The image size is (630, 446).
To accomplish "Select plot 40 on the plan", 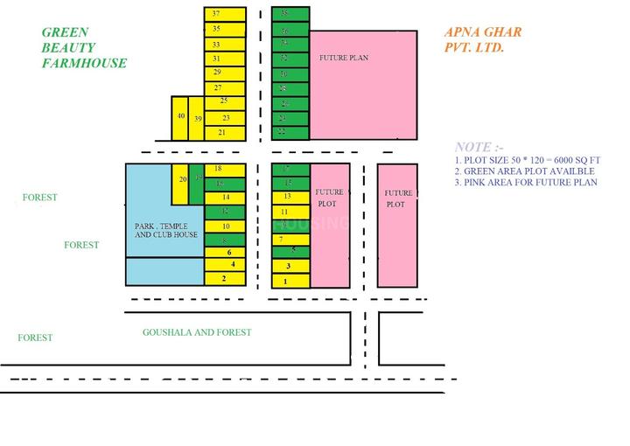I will tap(180, 117).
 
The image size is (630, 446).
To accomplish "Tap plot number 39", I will tap(198, 119).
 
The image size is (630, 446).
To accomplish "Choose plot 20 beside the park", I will tap(181, 178).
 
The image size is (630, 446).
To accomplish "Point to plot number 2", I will tap(225, 278).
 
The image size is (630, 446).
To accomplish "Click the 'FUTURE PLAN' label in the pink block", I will tap(344, 59).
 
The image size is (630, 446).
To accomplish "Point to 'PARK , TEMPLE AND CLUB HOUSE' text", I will tap(165, 230).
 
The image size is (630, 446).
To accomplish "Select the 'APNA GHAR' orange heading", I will tap(483, 32).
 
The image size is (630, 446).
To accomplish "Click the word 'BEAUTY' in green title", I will tap(68, 47).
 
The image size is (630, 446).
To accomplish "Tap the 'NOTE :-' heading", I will tap(479, 147).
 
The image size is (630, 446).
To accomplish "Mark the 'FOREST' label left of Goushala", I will tap(36, 338).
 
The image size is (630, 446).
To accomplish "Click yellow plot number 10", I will tap(225, 226).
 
